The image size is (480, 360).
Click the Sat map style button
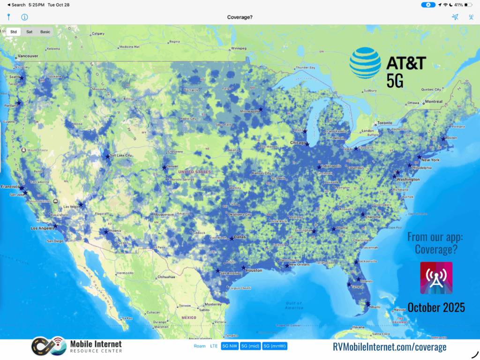coord(30,32)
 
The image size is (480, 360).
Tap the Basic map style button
coord(45,32)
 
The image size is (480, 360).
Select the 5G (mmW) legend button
coord(275,346)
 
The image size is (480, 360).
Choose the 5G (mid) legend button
coord(251,346)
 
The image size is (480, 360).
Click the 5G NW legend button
coord(230,346)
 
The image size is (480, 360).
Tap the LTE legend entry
coord(214,346)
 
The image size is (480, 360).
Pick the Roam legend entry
coord(200,346)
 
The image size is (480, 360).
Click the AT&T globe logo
coord(366,63)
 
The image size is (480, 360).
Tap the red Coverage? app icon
coord(436,278)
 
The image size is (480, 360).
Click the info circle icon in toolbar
coord(24,17)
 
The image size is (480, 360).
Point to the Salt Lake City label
coord(121,156)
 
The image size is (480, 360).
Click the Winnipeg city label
coord(239,48)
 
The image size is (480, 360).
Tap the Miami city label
coord(375,307)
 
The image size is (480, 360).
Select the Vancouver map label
coord(28,56)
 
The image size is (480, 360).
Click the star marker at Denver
coord(164,167)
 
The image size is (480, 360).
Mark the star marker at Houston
coord(243,268)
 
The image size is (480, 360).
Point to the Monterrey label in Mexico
coord(213,304)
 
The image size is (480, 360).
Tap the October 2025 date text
coord(436,307)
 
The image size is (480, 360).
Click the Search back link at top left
coord(17,5)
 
